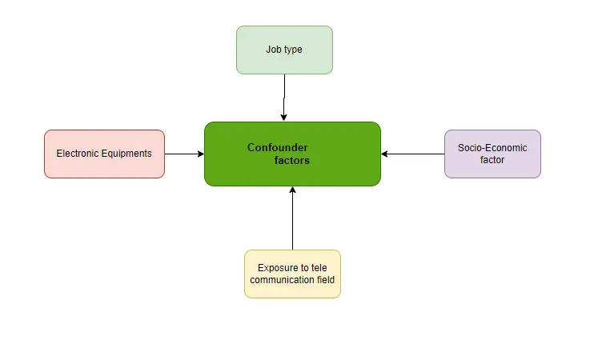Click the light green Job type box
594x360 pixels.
pos(284,50)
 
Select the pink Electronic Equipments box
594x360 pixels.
pos(104,154)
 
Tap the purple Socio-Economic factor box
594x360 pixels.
pos(492,154)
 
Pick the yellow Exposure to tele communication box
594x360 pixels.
pos(292,274)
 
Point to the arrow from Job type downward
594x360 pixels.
pos(284,98)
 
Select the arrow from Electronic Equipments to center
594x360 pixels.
pos(184,154)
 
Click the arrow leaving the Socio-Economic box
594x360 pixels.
pos(412,154)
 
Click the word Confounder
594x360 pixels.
pos(277,147)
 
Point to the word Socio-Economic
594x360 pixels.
pos(492,148)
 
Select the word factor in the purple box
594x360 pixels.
pos(492,160)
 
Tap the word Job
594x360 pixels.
pos(274,50)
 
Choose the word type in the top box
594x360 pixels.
pos(293,50)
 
